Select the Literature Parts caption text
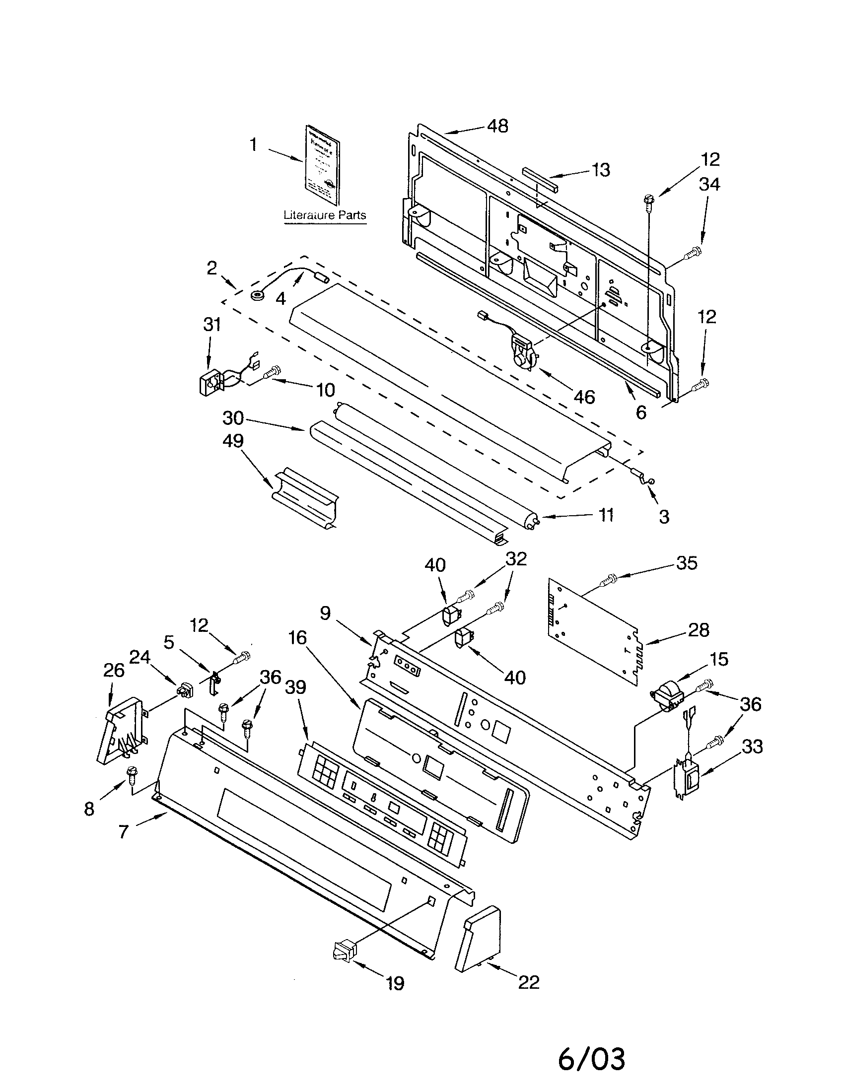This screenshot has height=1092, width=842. coord(325,215)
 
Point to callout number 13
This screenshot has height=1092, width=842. coord(601,170)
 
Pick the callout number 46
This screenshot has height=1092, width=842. coord(584,397)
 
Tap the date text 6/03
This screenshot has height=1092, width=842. coord(591,1059)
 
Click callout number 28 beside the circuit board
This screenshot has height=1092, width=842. coord(698,630)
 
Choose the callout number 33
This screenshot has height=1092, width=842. coord(752,747)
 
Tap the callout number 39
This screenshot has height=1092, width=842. coord(295,687)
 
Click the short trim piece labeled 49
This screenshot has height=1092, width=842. coord(305,500)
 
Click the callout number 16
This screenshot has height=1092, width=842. coord(297,638)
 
